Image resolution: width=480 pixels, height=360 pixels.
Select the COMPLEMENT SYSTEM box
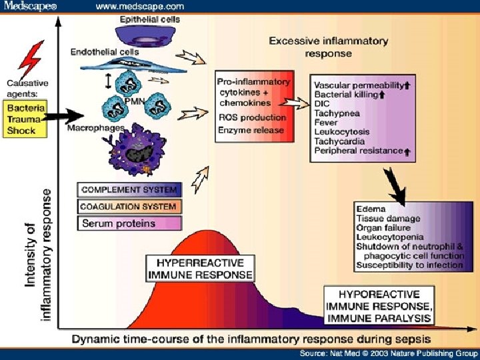coord(129,190)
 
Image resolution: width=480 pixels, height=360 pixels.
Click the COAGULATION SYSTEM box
coord(129,207)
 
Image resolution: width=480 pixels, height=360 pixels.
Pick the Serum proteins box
coord(129,223)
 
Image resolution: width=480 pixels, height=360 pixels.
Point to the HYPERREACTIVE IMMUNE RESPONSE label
coord(200,268)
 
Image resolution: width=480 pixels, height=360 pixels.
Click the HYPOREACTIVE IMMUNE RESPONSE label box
coord(379,306)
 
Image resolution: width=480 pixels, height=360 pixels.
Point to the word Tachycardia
coord(340,141)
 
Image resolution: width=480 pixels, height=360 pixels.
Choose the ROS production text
coord(252,117)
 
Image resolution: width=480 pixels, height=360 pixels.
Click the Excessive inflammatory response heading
coord(328,46)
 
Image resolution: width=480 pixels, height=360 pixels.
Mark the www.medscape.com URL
coord(139,6)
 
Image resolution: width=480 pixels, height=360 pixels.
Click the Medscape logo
coord(31,6)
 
